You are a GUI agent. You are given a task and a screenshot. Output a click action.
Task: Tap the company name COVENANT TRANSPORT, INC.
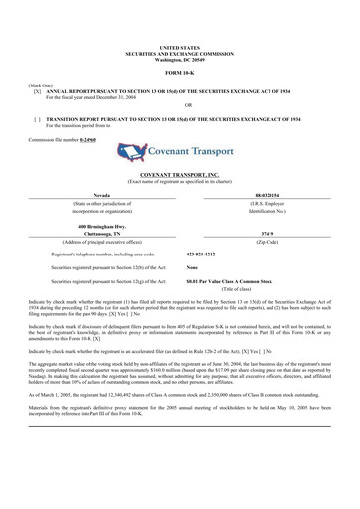point(179,175)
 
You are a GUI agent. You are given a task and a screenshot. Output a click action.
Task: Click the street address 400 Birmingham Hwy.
point(90,226)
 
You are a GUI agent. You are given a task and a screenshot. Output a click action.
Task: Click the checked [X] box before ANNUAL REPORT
point(37,89)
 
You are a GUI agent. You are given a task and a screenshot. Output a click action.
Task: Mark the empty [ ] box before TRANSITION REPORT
point(37,118)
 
